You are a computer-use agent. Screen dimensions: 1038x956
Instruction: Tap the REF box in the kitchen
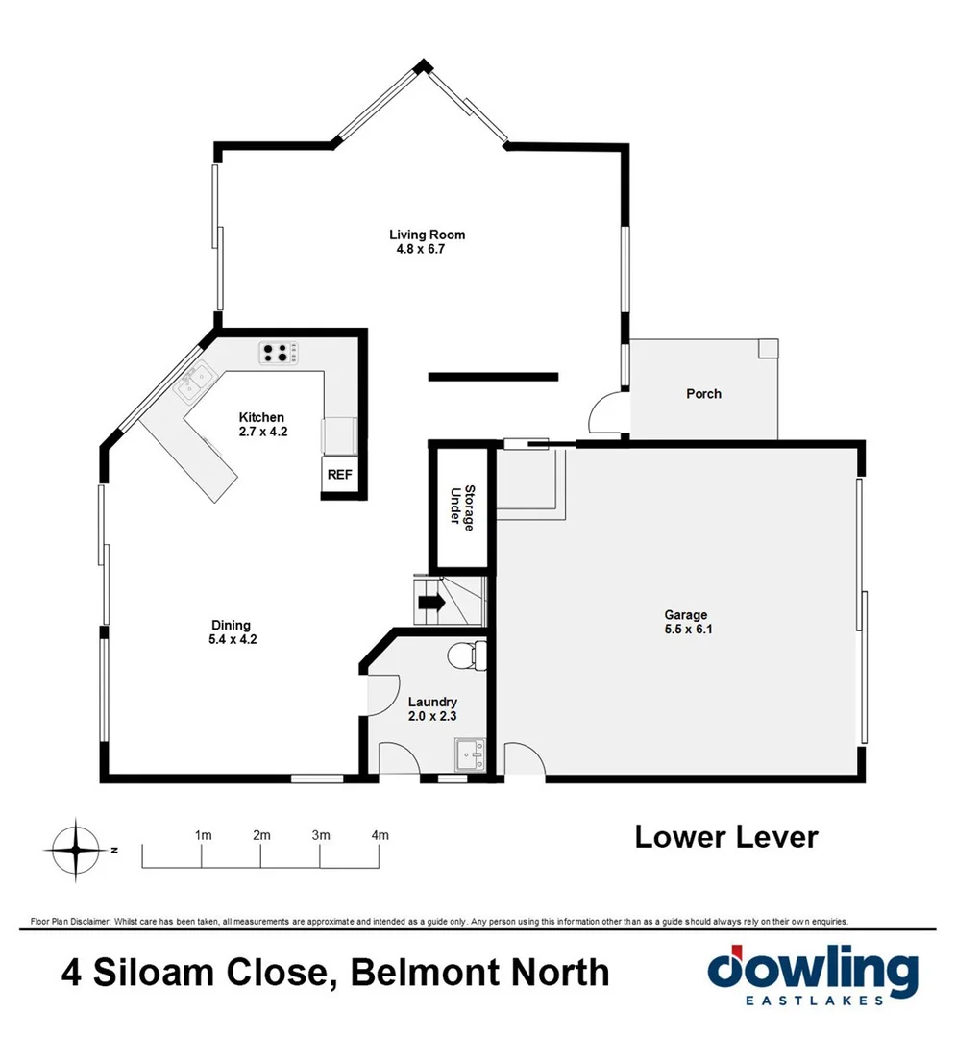(x=339, y=474)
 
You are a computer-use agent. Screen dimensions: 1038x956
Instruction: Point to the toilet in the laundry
(x=467, y=656)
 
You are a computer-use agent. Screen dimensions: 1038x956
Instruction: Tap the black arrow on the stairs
(x=429, y=604)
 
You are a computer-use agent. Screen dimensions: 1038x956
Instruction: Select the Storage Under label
(x=463, y=506)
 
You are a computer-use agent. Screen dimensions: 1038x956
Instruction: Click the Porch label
(x=703, y=394)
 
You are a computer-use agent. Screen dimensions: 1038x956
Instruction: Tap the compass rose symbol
(x=75, y=850)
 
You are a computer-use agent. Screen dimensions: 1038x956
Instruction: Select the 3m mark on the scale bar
(x=321, y=835)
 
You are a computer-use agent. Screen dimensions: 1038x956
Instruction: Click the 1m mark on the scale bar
(x=203, y=835)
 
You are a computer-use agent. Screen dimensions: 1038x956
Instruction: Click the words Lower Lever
(x=725, y=836)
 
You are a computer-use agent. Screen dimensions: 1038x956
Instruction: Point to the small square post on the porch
(x=767, y=348)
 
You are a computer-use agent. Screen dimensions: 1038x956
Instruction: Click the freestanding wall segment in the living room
(x=492, y=377)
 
